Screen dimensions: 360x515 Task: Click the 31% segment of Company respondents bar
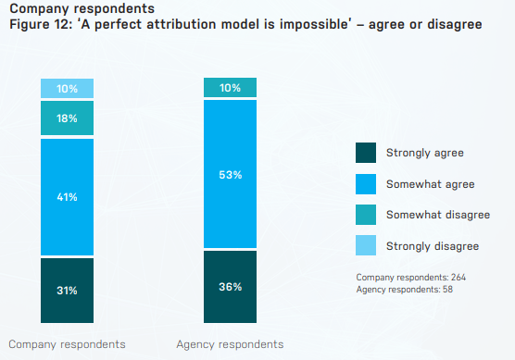click(x=67, y=291)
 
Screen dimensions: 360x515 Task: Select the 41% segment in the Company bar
click(x=67, y=196)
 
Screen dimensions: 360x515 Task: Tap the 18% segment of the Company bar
click(x=67, y=118)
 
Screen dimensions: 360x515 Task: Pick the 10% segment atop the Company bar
click(x=67, y=88)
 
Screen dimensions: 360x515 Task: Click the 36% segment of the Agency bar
click(x=230, y=286)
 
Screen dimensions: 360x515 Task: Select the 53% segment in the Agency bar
click(x=230, y=174)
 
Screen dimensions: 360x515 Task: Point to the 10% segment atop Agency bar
click(x=230, y=88)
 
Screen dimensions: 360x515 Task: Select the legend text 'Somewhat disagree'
click(x=437, y=215)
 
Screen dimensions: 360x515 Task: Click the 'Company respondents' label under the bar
click(x=67, y=344)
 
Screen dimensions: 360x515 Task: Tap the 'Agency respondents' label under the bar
click(x=230, y=344)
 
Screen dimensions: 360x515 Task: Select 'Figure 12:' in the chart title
click(x=38, y=24)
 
